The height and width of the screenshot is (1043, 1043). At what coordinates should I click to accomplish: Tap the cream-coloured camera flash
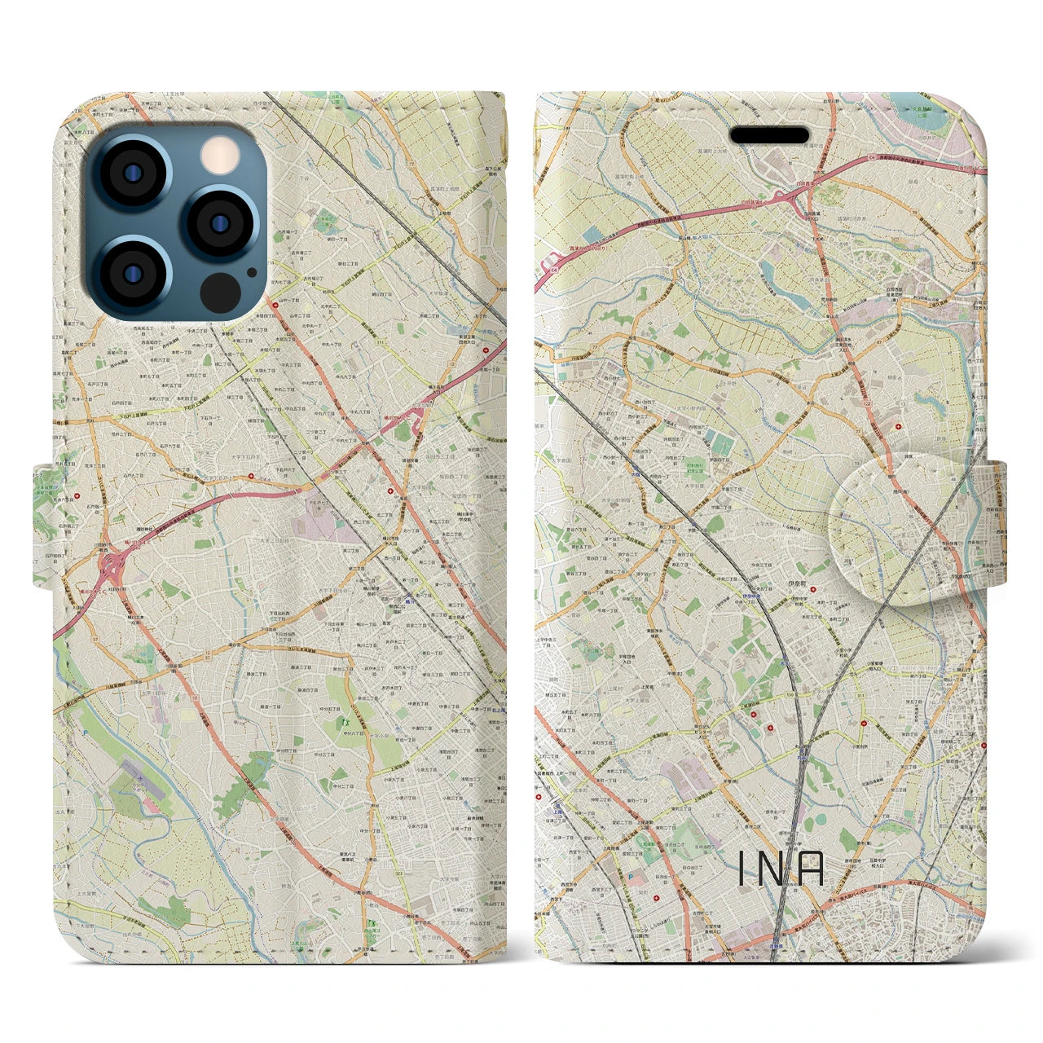click(217, 153)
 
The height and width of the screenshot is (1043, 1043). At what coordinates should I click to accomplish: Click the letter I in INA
click(742, 868)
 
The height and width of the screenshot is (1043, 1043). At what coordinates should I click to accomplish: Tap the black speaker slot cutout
click(768, 135)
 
